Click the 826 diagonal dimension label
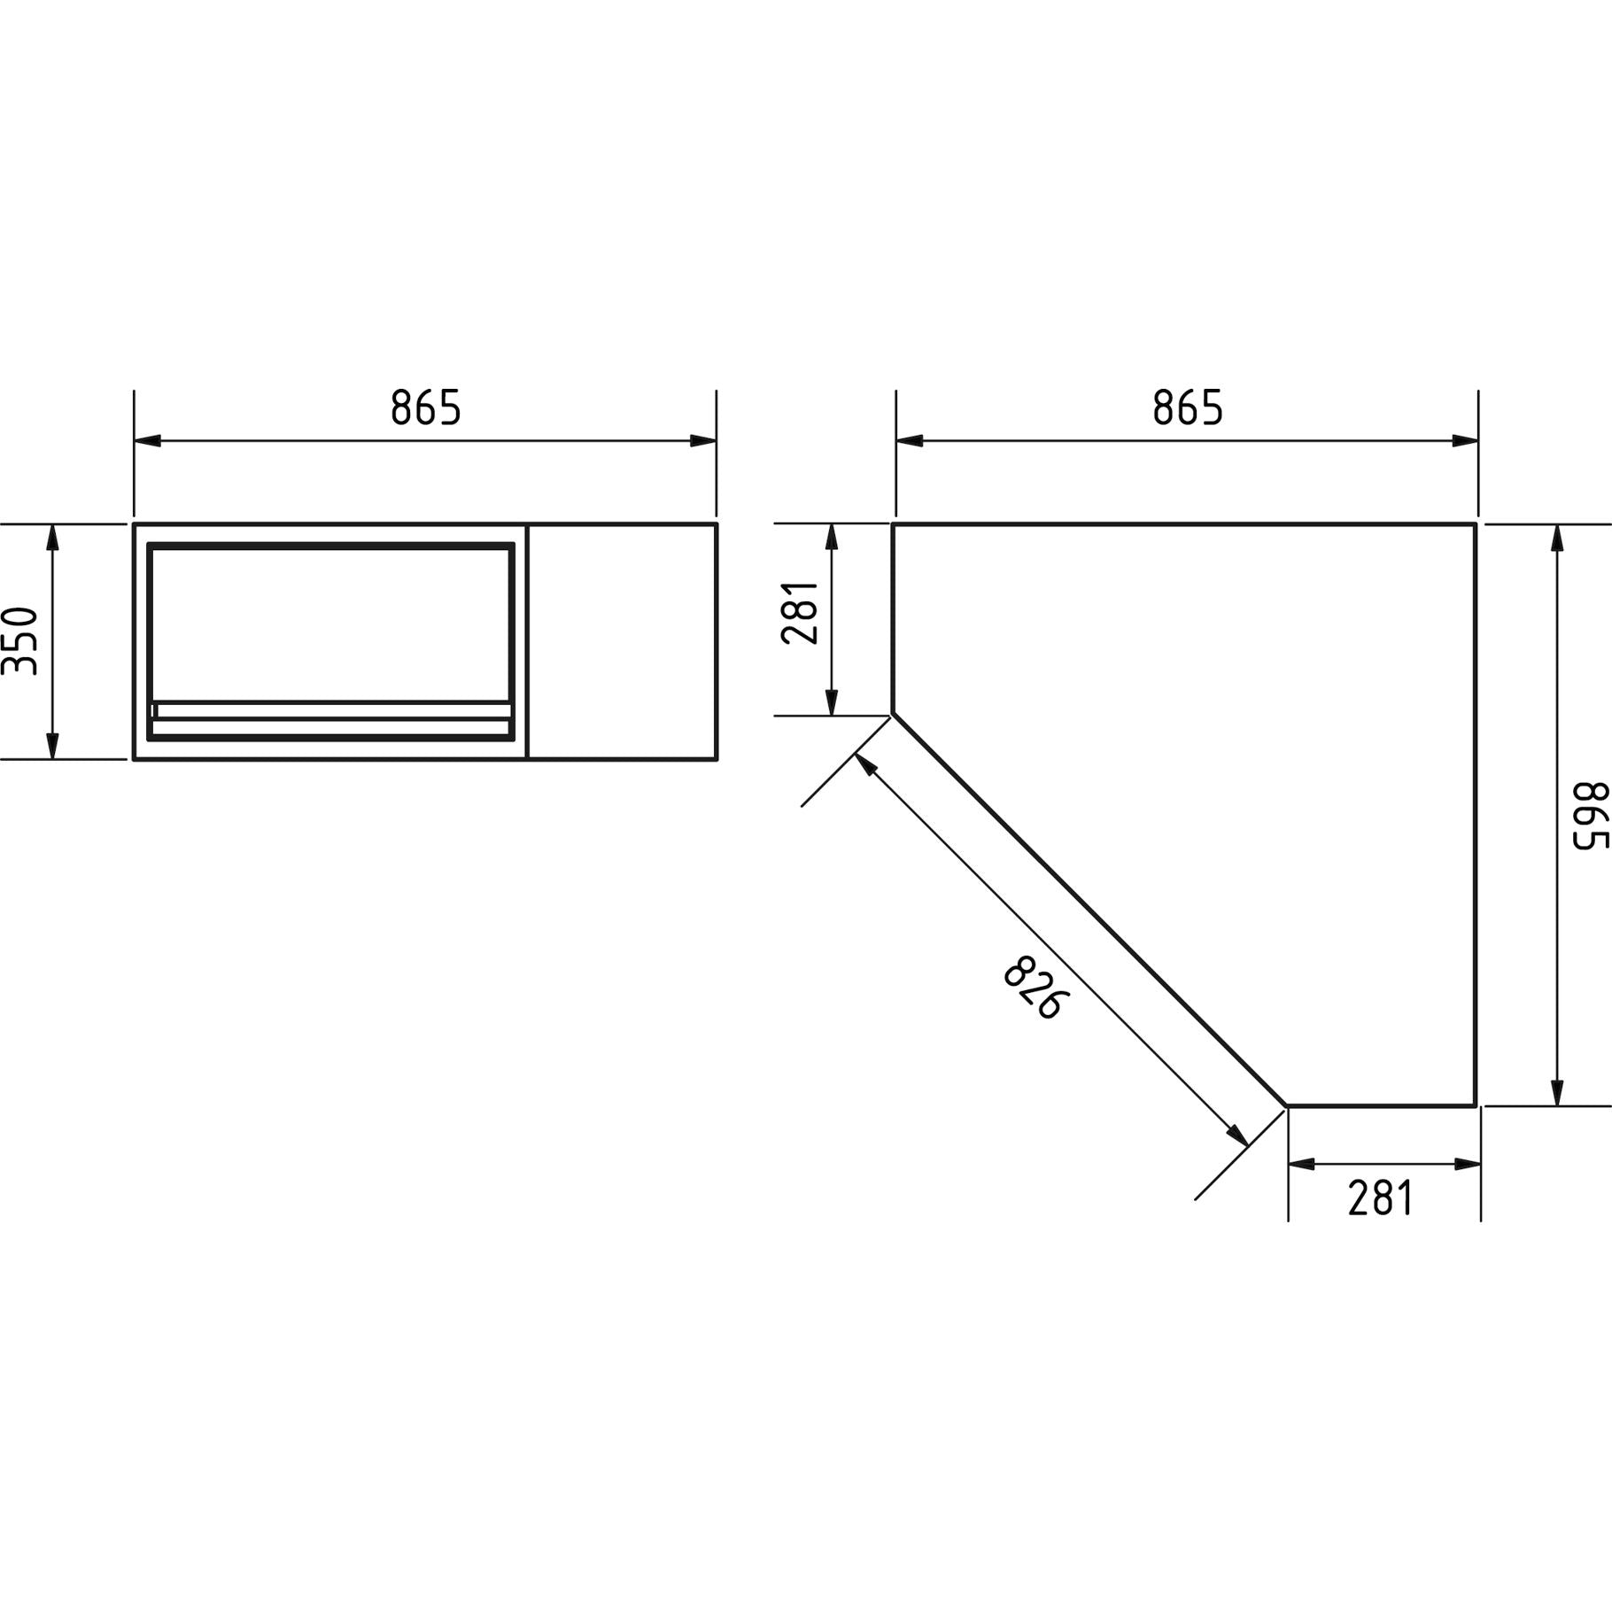[x=1036, y=988]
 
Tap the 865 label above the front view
[x=426, y=407]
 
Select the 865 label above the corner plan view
[x=1188, y=407]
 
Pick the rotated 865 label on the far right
[x=1591, y=816]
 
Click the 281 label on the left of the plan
[x=800, y=612]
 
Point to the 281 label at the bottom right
[x=1381, y=1198]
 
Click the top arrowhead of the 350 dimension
[x=52, y=537]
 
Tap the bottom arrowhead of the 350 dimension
[x=52, y=746]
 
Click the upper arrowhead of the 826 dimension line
[x=865, y=764]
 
